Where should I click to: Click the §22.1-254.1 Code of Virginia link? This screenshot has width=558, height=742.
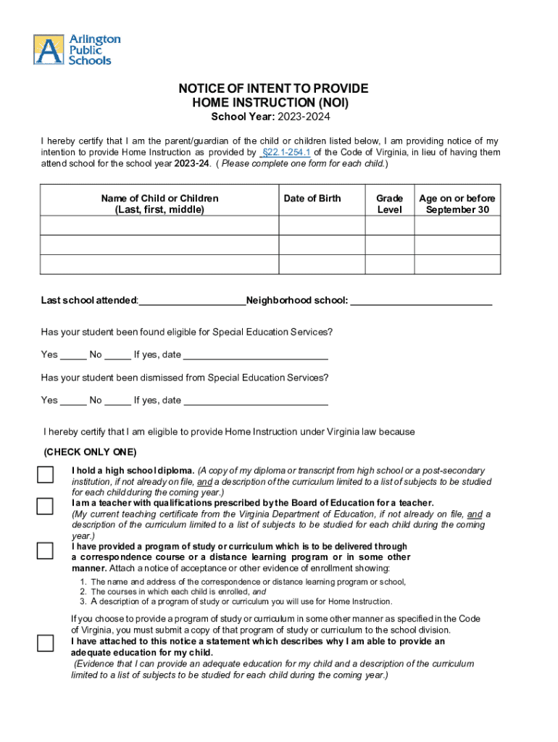tap(286, 152)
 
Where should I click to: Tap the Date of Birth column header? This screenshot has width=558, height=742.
tap(312, 199)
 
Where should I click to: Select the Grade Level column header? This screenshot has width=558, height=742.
tap(389, 204)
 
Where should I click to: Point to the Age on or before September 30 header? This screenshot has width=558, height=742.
tap(457, 204)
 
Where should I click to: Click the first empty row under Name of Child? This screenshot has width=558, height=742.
tap(159, 225)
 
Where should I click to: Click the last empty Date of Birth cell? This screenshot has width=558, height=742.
tap(321, 264)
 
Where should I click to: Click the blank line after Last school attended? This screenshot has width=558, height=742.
tap(192, 300)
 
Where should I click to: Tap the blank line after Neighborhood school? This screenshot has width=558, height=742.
tap(421, 300)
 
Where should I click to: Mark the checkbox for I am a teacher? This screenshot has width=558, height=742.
tap(45, 505)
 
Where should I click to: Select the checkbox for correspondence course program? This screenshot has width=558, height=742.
tap(45, 551)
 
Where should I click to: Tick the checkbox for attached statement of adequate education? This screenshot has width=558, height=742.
tap(45, 643)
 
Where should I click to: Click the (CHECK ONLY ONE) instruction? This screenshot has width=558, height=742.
tap(90, 451)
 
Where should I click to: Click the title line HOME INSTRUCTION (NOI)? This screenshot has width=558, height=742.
tap(273, 103)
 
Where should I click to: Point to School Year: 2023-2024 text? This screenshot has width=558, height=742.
tap(273, 117)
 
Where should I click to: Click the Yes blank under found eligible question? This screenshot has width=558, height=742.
tap(73, 355)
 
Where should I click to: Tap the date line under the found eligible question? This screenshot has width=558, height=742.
tap(256, 355)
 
